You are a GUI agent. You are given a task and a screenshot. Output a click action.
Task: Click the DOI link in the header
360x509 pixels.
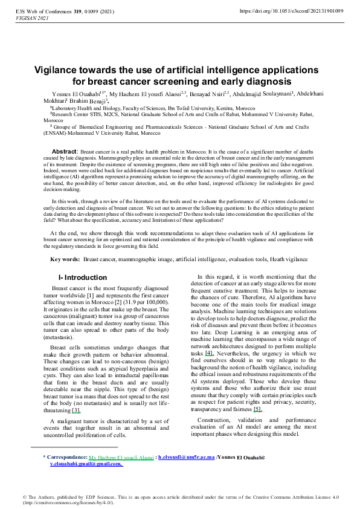coord(291,11)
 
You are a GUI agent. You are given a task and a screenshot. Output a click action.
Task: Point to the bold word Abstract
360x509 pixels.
coord(63,151)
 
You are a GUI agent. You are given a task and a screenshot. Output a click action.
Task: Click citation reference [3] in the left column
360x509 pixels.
coord(77,410)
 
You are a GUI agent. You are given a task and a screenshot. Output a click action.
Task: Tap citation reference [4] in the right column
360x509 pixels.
coord(209,352)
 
